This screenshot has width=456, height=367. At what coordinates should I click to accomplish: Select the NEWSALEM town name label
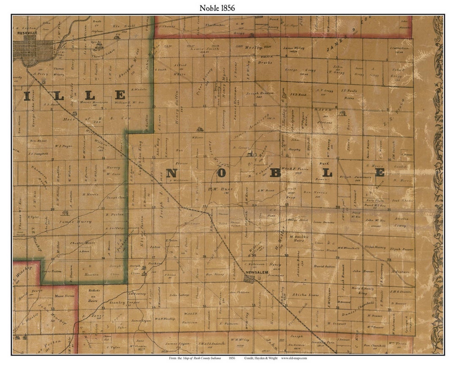point(254,272)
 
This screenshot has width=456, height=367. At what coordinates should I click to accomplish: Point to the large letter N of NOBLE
point(171,173)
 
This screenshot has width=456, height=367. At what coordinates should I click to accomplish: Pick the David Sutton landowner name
point(324,267)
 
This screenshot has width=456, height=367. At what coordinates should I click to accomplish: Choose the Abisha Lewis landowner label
point(308,294)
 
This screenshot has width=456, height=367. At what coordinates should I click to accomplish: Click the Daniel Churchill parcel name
point(359,305)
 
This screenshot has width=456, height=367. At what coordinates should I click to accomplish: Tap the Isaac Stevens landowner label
point(324,222)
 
